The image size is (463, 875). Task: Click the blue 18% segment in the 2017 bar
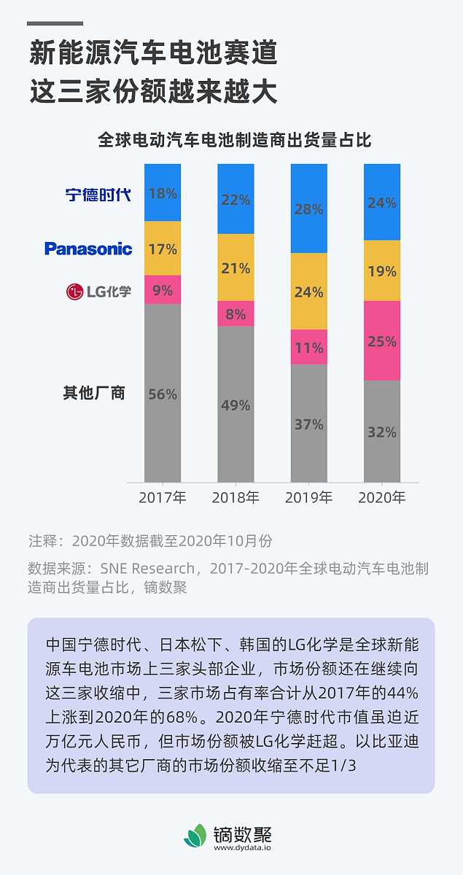(163, 193)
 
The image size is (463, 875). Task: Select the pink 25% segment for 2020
(382, 341)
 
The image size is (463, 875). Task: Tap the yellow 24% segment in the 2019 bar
(308, 292)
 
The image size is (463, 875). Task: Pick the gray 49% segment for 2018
(236, 405)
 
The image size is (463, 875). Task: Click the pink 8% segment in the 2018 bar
(236, 314)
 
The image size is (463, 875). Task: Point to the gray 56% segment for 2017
(163, 394)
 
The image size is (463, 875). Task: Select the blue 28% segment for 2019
(308, 209)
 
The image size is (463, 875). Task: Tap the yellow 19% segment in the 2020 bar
(382, 271)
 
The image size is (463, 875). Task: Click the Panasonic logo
(88, 249)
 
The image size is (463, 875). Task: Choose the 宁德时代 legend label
(98, 195)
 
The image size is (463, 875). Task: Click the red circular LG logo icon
(75, 292)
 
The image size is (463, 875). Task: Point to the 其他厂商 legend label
(93, 393)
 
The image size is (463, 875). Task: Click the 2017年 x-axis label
(163, 499)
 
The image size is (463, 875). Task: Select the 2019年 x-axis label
(308, 499)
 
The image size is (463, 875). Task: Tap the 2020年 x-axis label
(382, 499)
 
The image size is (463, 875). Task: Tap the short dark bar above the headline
(55, 23)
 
